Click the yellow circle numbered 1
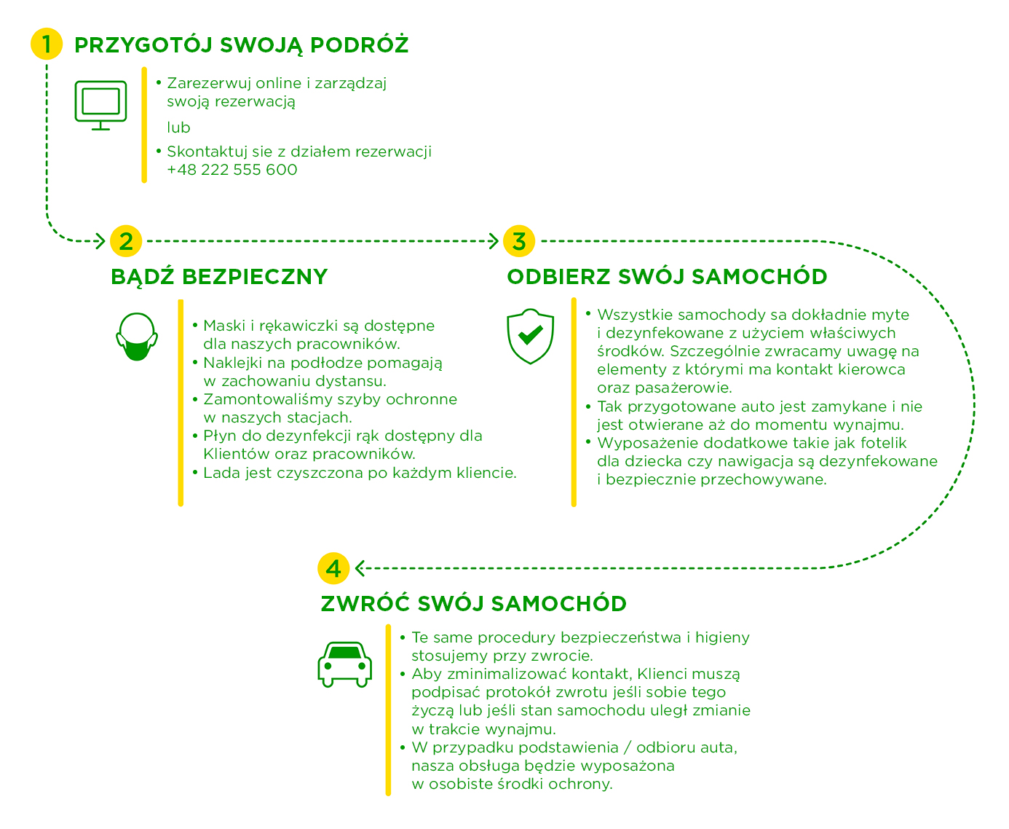47,44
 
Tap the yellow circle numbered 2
126,240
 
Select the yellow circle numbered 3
518,240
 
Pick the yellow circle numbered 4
333,568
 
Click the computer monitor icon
100,106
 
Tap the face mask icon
137,337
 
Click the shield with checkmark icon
530,336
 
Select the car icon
344,664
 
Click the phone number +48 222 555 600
232,170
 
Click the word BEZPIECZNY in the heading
255,277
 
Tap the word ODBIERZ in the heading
558,277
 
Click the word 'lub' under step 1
178,127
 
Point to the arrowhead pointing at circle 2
100,240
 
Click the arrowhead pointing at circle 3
494,240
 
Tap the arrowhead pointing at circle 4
360,568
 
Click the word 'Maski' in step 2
224,326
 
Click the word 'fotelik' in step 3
883,443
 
